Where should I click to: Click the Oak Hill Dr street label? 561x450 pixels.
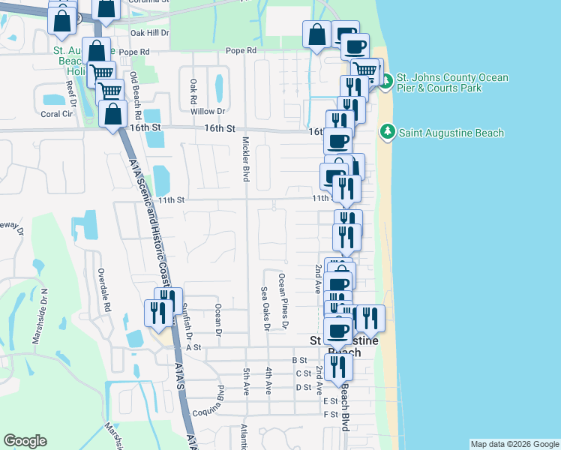[x=150, y=34]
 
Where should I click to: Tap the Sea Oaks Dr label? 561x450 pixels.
[x=265, y=308]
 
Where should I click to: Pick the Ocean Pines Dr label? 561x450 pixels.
[x=283, y=301]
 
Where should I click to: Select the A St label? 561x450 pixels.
[x=194, y=348]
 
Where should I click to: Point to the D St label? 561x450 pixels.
[x=303, y=387]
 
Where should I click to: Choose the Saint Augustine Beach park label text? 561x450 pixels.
[x=451, y=133]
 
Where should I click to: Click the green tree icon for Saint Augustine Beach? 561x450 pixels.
[x=388, y=133]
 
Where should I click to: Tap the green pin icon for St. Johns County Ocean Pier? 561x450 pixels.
[x=385, y=81]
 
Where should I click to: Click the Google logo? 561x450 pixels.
[x=25, y=441]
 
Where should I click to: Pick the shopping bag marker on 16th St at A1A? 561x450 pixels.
[x=112, y=115]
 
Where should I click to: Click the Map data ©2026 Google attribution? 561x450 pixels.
[x=514, y=444]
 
